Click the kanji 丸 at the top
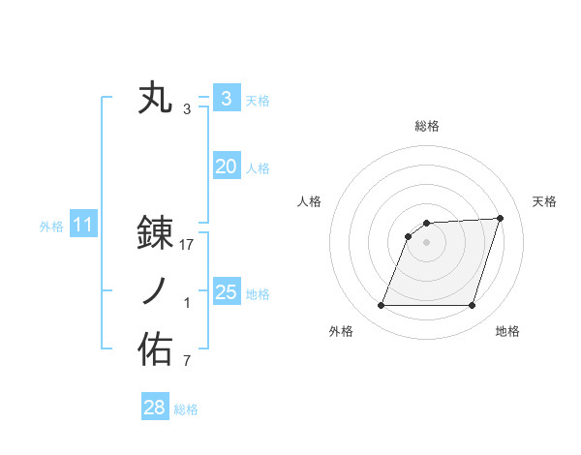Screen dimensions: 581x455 (x=155, y=99)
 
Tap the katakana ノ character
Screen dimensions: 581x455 (x=155, y=292)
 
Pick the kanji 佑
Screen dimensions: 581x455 (x=155, y=350)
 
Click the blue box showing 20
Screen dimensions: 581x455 (x=226, y=167)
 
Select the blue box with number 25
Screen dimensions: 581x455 (x=226, y=292)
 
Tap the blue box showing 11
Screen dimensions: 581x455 (x=82, y=226)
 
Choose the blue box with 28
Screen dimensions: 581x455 (x=154, y=408)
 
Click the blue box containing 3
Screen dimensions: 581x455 (x=226, y=99)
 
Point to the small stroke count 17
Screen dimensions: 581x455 (x=187, y=245)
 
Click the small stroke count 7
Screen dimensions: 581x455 (x=187, y=362)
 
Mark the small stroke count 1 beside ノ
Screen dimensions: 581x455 (x=187, y=303)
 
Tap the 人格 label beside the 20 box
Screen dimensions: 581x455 (x=259, y=168)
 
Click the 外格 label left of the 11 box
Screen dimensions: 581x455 (x=51, y=227)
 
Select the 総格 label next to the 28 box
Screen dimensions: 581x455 (x=186, y=409)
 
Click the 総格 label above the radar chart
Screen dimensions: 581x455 (x=426, y=126)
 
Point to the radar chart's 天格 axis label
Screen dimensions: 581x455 (x=544, y=201)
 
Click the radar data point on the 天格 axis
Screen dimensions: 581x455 (x=500, y=219)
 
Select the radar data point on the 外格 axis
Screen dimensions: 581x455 (x=381, y=306)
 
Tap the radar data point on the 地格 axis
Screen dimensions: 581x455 (x=472, y=306)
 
